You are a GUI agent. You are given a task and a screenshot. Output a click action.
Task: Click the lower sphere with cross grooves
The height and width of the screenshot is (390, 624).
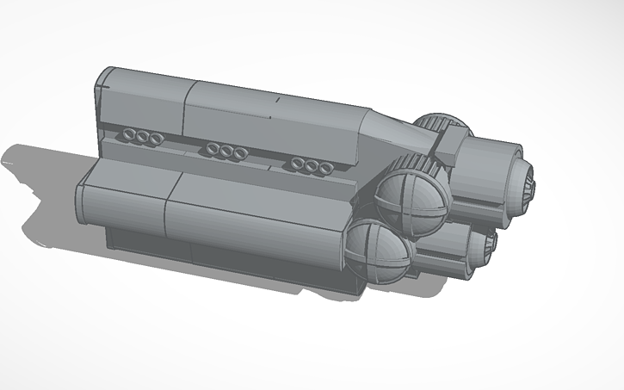pyautogui.click(x=378, y=251)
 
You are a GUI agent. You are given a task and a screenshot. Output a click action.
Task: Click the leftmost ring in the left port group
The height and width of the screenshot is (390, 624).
pyautogui.click(x=127, y=135)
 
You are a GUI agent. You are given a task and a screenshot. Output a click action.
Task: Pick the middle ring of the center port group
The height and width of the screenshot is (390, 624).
pyautogui.click(x=225, y=152)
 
